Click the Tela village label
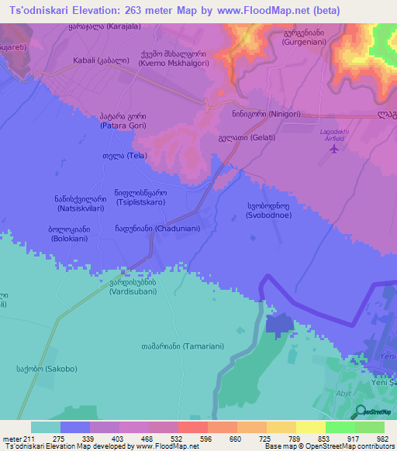pyautogui.click(x=114, y=155)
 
